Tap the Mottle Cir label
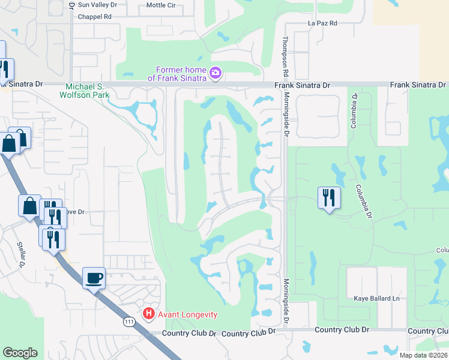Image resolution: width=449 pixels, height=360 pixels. (161, 5)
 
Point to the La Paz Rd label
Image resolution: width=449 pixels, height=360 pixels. (323, 23)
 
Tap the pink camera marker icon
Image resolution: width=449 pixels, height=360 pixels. (215, 74)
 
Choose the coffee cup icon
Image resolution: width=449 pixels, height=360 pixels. (94, 278)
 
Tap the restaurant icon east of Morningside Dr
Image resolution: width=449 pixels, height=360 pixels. (329, 198)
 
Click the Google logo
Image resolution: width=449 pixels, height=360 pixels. (20, 353)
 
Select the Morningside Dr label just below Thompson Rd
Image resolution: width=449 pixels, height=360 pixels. (286, 113)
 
